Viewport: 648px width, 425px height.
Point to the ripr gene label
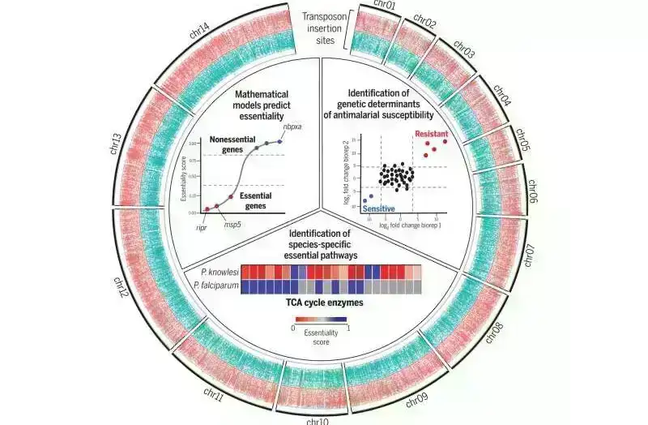coord(202,228)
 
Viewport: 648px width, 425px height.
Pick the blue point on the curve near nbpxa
coord(279,141)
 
